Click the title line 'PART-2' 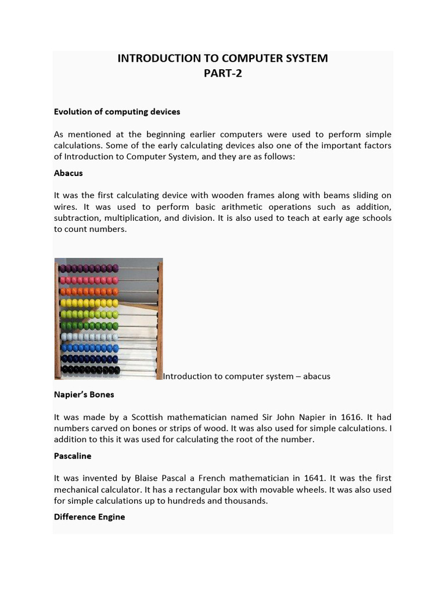click(223, 73)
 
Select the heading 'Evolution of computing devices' click(117, 111)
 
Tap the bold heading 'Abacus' click(69, 173)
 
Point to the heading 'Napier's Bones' click(84, 395)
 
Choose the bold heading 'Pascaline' click(73, 456)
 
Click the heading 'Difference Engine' click(89, 517)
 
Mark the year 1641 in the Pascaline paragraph click(318, 478)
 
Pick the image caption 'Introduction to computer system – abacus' click(246, 376)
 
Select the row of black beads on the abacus click(90, 370)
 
